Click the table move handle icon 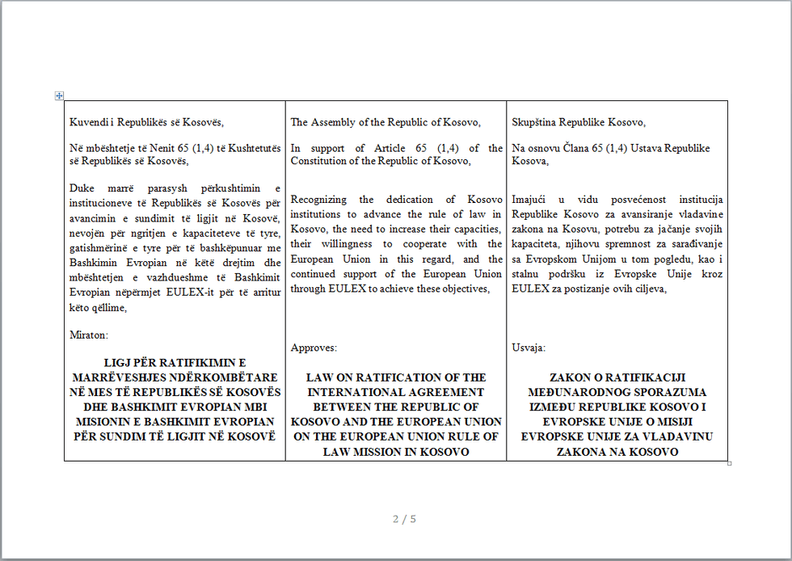point(59,95)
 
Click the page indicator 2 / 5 point(404,519)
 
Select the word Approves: point(314,348)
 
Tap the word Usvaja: point(529,348)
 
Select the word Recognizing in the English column point(319,200)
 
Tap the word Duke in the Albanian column point(82,188)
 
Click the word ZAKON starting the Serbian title point(571,378)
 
